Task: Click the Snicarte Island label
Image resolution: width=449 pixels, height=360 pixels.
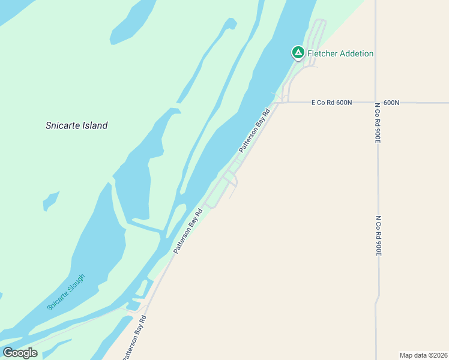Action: click(77, 125)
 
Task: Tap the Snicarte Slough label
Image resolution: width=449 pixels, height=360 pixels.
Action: click(66, 292)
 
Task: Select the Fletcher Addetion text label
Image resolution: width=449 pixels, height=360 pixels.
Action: click(340, 53)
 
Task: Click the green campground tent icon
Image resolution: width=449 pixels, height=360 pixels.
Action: click(298, 53)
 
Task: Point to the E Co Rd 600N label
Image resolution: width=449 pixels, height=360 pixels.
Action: click(331, 103)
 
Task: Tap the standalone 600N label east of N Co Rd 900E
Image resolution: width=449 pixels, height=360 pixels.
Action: click(391, 103)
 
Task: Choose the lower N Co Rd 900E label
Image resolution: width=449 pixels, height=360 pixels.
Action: click(378, 236)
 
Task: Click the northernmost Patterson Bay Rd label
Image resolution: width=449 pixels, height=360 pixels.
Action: click(255, 130)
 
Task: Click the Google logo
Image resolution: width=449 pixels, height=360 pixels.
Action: click(20, 353)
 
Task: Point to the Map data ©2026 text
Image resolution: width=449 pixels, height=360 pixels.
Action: click(423, 355)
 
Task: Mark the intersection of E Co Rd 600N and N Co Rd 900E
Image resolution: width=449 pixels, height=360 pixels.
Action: click(376, 103)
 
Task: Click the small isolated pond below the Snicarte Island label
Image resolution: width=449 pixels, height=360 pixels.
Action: click(51, 200)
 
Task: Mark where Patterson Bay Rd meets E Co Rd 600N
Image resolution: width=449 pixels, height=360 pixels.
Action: click(277, 103)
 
